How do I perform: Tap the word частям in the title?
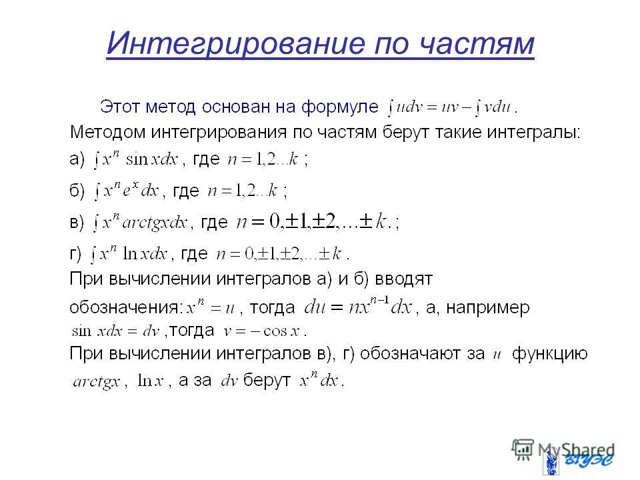476,44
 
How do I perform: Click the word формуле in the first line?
340,107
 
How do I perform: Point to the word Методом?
107,133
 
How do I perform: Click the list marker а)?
77,159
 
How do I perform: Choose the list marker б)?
77,190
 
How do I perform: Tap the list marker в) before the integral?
77,223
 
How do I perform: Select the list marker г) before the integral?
75,253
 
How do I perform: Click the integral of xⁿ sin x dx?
136,159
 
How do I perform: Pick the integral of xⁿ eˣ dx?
127,190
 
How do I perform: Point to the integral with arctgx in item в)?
141,223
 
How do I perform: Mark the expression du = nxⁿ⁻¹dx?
359,307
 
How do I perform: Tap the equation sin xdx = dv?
115,331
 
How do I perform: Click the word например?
488,308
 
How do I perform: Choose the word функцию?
550,353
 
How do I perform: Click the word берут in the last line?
267,381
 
